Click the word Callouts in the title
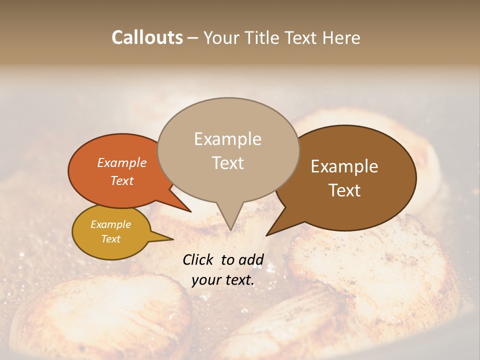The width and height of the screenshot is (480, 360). coord(147,37)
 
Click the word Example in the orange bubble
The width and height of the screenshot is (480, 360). coord(122,162)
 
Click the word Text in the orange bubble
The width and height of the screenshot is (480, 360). coord(122,180)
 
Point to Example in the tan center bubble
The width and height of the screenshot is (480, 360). coord(227,139)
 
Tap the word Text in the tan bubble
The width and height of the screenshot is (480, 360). coord(227,163)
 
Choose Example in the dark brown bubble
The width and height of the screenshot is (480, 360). coord(344,166)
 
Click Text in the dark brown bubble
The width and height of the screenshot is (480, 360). coord(344,190)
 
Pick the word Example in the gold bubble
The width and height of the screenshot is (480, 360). coord(110,224)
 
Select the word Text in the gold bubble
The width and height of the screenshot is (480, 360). coord(110,239)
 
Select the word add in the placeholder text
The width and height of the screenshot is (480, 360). coord(250,259)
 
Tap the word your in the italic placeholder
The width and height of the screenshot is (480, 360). coord(205,280)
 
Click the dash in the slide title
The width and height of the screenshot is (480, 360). coord(193,37)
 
